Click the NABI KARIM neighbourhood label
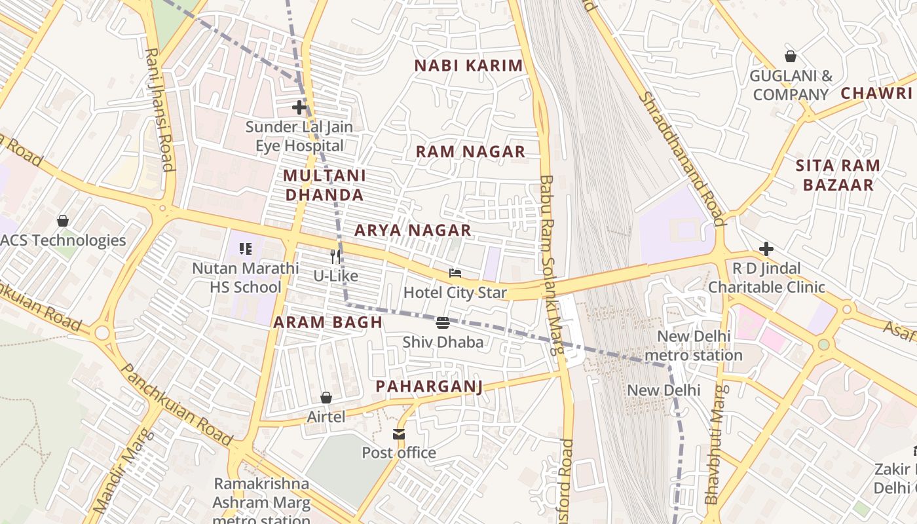tap(469, 65)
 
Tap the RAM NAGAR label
tap(470, 152)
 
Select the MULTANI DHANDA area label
tap(324, 185)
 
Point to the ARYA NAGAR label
tap(413, 231)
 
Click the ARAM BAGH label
tap(327, 322)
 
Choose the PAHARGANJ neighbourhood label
tap(430, 386)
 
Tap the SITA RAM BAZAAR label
tap(838, 175)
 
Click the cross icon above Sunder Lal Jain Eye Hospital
tap(299, 107)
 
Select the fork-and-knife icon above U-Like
tap(335, 256)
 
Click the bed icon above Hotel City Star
tap(455, 273)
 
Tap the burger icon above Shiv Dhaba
tap(443, 322)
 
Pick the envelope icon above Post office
tap(399, 434)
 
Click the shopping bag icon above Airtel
tap(326, 398)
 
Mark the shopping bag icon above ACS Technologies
tap(63, 221)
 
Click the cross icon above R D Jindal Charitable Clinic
tap(766, 249)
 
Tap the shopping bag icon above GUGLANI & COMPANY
tap(791, 56)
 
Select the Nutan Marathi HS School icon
tap(246, 249)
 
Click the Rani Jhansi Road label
tap(159, 109)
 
